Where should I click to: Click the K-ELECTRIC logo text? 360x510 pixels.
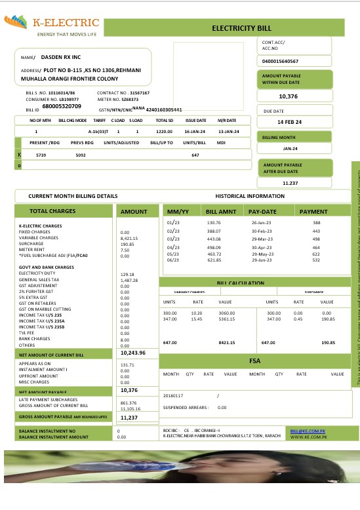coord(67,24)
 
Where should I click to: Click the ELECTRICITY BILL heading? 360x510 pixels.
coord(241,29)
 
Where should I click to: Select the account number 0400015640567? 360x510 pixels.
coord(280,61)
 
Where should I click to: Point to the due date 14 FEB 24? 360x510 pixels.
coord(289,122)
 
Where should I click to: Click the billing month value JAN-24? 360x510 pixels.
coord(290,149)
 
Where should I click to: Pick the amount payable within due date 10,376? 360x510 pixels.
coord(289,96)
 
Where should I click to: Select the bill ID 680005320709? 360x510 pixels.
coord(62,106)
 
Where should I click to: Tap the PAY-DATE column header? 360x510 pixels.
coord(263,212)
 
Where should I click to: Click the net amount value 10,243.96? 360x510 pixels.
coord(133,353)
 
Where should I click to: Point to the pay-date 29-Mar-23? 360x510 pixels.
coord(261,239)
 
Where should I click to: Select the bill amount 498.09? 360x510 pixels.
coord(214,247)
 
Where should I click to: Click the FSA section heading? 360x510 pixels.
coord(256,361)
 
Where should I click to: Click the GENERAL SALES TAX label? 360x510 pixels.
coord(39,280)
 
